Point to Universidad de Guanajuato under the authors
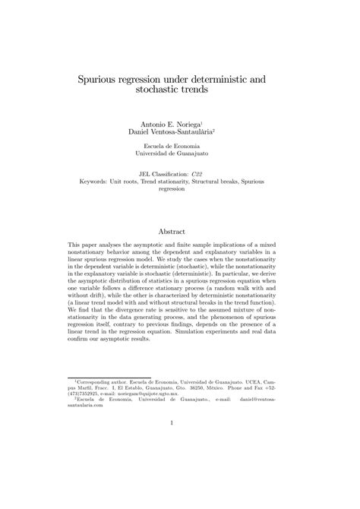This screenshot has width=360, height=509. coord(180,153)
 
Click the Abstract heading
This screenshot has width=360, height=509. coord(180,231)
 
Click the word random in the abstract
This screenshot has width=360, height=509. coord(257,292)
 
